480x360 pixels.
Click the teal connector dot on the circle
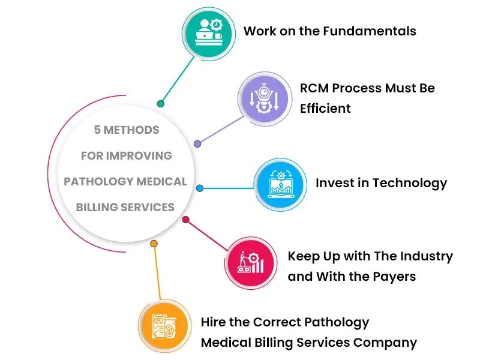(x=161, y=104)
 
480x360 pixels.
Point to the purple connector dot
(x=197, y=144)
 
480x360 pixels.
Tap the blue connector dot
(x=200, y=188)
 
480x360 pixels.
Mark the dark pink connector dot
(x=185, y=220)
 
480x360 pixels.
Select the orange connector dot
(x=154, y=244)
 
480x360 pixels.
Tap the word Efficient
(x=325, y=109)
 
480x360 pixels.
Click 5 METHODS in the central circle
(x=127, y=130)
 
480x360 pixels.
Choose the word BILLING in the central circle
(x=98, y=208)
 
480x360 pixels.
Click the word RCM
(x=314, y=88)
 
